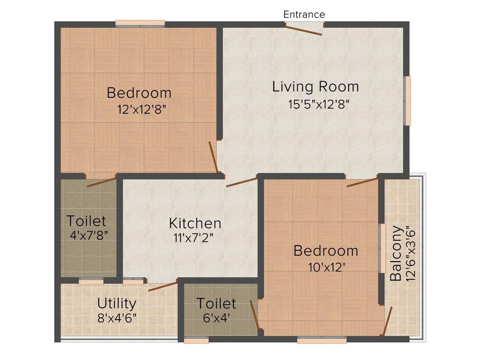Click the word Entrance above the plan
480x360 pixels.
[x=304, y=15]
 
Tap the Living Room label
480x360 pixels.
[x=315, y=87]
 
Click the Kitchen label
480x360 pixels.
[x=195, y=223]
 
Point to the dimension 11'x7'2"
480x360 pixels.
[x=193, y=238]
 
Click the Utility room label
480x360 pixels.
[x=117, y=303]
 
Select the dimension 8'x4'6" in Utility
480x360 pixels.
[x=117, y=318]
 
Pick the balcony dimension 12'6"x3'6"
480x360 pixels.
[x=412, y=253]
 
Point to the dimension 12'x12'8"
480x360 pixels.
[x=142, y=109]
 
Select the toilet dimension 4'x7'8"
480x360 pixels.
[x=89, y=235]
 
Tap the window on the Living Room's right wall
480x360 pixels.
[x=408, y=100]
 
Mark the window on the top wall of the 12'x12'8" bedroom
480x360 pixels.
[x=140, y=22]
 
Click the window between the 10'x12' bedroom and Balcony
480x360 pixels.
[x=382, y=248]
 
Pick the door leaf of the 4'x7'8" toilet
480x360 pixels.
[x=101, y=182]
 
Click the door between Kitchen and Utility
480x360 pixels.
[x=163, y=286]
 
